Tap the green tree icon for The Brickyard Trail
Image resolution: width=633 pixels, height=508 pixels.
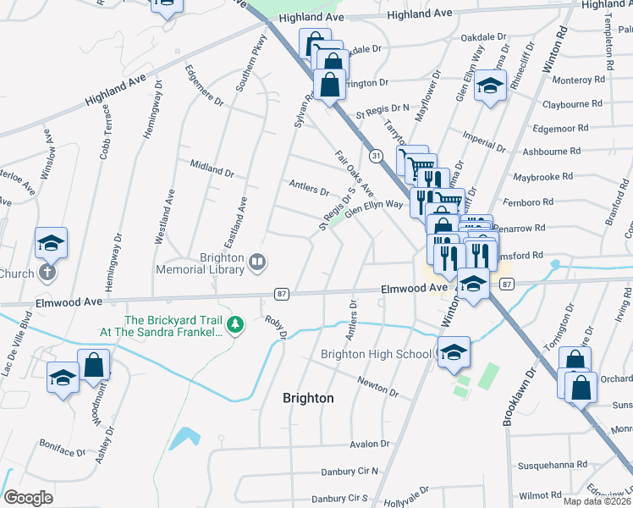coord(239,325)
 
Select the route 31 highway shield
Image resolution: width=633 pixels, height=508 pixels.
coord(375,155)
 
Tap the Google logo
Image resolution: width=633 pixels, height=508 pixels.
coord(28,497)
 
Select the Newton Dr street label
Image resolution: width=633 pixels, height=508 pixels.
coord(377,387)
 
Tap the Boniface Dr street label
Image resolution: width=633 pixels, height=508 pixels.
coord(63,448)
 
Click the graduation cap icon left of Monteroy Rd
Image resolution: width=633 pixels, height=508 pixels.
coord(489,86)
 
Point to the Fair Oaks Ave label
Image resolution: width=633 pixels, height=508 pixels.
coord(355,174)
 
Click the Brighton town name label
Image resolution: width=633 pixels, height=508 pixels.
coord(307,397)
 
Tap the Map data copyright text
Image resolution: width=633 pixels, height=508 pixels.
coord(597,501)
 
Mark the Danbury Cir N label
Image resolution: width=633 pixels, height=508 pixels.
coord(350,471)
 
